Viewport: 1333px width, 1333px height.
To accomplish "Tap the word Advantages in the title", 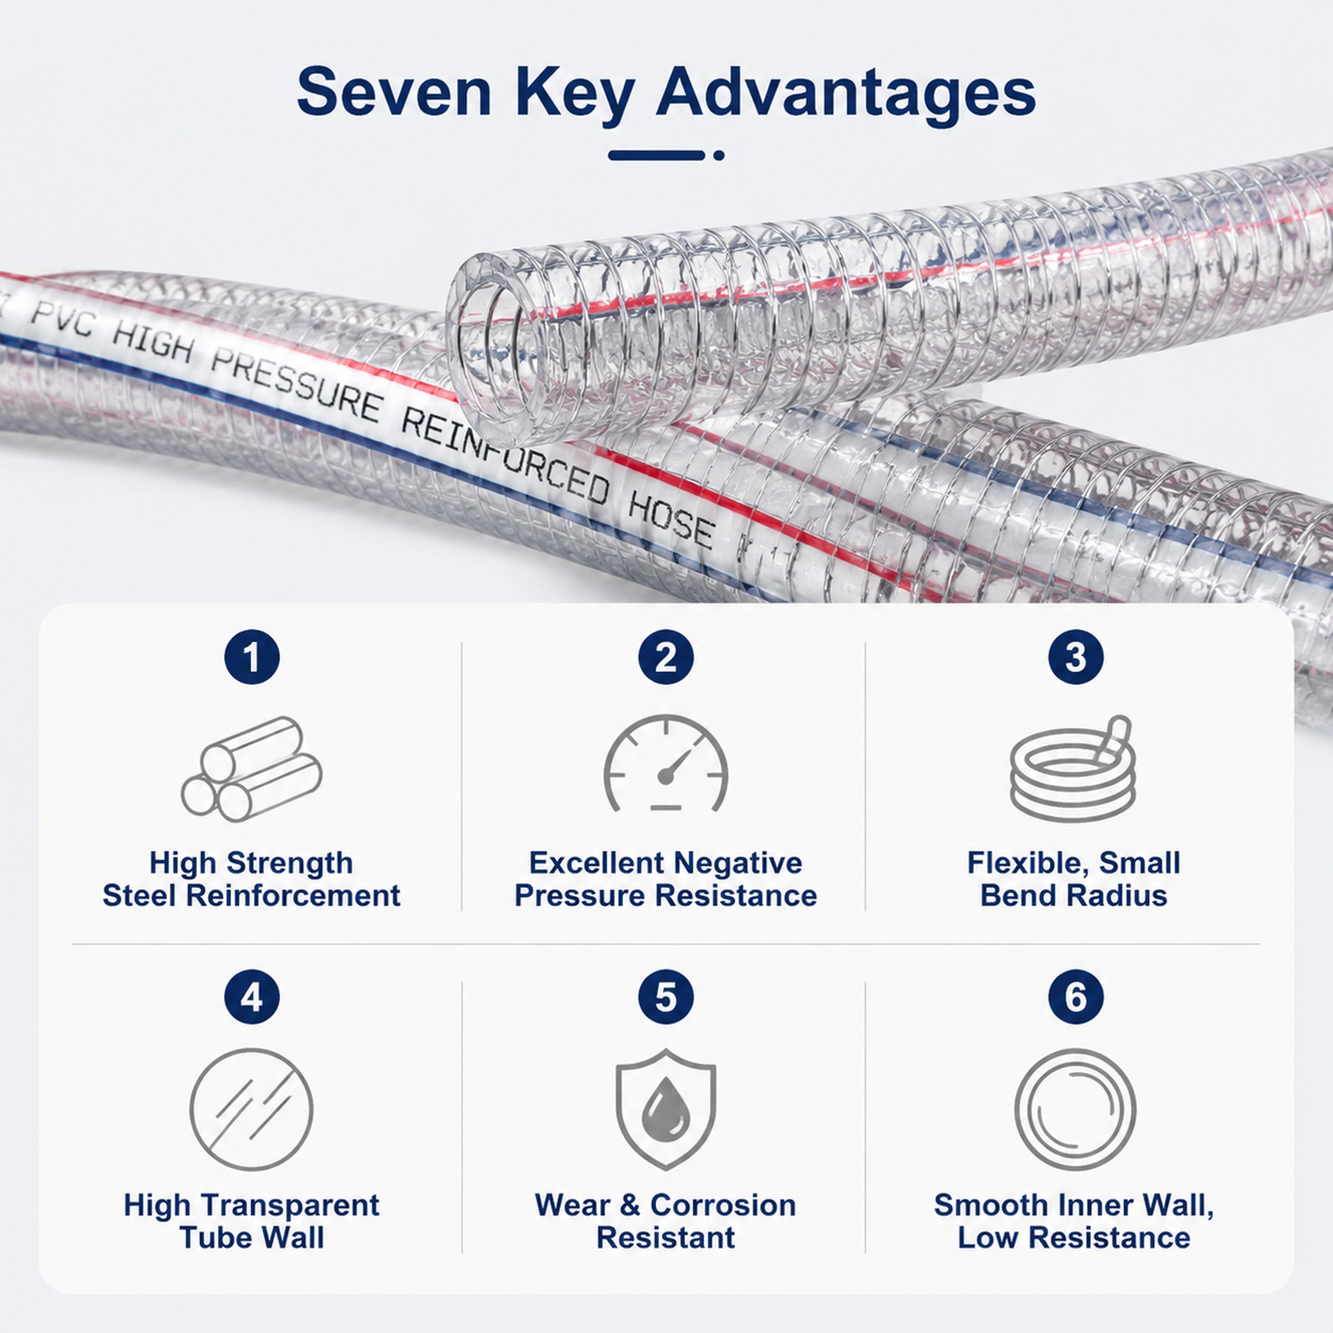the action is (x=846, y=95).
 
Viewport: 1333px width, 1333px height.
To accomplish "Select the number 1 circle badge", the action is (x=252, y=657).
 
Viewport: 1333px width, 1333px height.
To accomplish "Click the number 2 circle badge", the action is (x=666, y=657).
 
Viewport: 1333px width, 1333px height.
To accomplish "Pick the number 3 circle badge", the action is (x=1076, y=657).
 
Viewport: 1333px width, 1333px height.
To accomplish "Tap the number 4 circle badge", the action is (x=252, y=997).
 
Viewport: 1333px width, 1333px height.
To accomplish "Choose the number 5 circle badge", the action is (x=666, y=997).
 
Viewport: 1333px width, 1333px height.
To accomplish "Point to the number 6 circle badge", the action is (x=1076, y=997).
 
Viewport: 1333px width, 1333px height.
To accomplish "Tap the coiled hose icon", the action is (x=1072, y=767).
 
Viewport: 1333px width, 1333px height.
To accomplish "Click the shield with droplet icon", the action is (x=666, y=1109).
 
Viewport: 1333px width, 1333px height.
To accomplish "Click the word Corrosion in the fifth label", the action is (x=723, y=1205).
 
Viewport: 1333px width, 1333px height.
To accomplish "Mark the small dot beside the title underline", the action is (x=719, y=155).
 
